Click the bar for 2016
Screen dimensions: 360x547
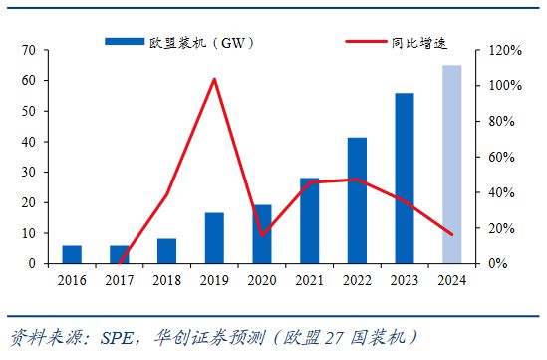point(72,254)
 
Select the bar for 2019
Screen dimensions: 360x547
point(214,238)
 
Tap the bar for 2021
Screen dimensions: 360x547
point(309,220)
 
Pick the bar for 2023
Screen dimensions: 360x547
point(405,178)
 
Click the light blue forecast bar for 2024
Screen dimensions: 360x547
point(451,164)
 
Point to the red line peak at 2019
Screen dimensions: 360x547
point(214,79)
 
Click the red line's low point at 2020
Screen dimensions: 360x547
point(262,235)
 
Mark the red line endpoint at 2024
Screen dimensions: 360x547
point(451,234)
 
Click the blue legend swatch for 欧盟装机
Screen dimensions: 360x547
point(126,42)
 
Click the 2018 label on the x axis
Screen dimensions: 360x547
point(166,280)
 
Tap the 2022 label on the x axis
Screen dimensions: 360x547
point(357,280)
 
